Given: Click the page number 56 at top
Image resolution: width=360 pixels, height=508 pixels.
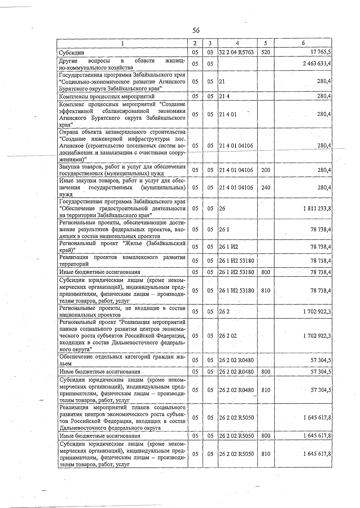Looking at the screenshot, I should (x=196, y=30).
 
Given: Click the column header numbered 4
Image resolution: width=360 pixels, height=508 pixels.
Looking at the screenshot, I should (x=237, y=43).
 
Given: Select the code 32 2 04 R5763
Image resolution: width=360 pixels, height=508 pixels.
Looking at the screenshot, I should (x=236, y=52).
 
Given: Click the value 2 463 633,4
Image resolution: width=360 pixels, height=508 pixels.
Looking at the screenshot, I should (x=316, y=64).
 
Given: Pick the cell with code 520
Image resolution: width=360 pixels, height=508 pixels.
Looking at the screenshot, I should (x=265, y=52).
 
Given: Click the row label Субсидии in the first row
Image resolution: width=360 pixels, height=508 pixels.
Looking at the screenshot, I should (x=71, y=53).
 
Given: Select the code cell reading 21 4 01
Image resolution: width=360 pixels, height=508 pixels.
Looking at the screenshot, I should (x=228, y=114).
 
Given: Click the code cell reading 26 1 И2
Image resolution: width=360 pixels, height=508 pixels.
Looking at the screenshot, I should (x=228, y=247).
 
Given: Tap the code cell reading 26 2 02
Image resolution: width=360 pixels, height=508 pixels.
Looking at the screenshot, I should (x=228, y=336).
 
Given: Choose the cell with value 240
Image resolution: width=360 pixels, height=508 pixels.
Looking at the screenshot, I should (x=265, y=187).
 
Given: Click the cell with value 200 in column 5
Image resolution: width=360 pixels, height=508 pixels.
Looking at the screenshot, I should (x=265, y=170).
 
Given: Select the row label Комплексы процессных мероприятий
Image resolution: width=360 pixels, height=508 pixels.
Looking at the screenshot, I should (x=107, y=96).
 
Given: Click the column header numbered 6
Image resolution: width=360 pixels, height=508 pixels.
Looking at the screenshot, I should (x=303, y=43).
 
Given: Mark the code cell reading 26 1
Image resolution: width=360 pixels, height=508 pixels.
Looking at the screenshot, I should (x=224, y=229).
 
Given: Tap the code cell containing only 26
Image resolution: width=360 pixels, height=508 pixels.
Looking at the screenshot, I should (x=222, y=208).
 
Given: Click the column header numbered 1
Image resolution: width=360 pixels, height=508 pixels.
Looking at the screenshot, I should (x=122, y=43).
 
